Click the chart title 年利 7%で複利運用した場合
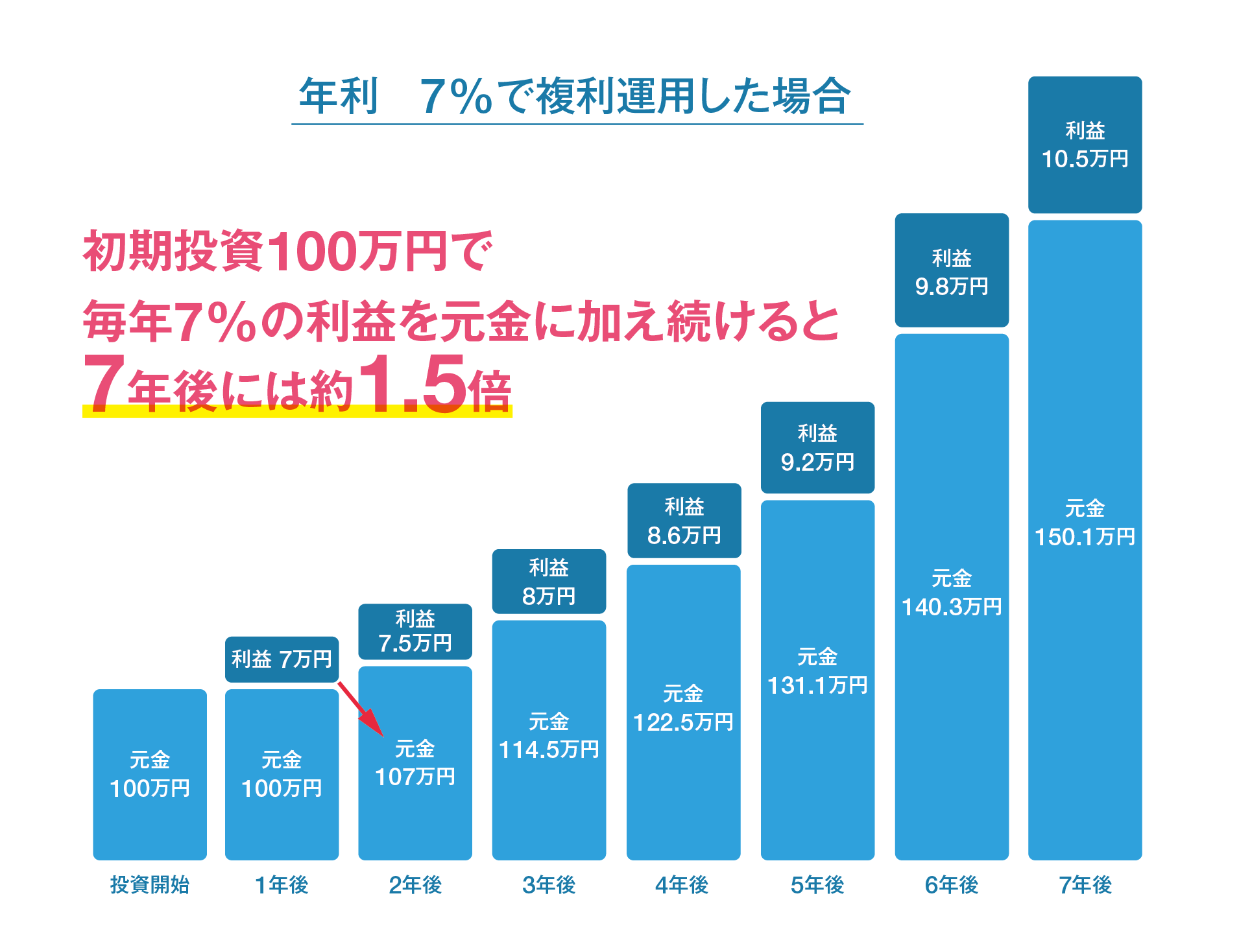pos(576,96)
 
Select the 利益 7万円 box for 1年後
pos(282,659)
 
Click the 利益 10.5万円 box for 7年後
pos(1085,145)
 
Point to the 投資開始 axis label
pos(149,884)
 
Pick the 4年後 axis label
pos(682,884)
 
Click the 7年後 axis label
pos(1085,884)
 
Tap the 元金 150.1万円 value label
pos(1085,523)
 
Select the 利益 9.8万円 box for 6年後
pos(952,270)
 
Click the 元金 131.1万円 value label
pos(817,672)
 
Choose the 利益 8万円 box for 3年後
pos(549,582)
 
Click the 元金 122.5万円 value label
pos(683,708)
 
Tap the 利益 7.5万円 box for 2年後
pos(415,632)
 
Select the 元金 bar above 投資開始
pos(150,774)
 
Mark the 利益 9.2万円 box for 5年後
pos(817,447)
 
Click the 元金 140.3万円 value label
pos(952,593)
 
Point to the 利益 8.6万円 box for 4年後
pos(684,521)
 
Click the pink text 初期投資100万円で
pos(287,251)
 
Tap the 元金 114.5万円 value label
pos(549,736)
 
